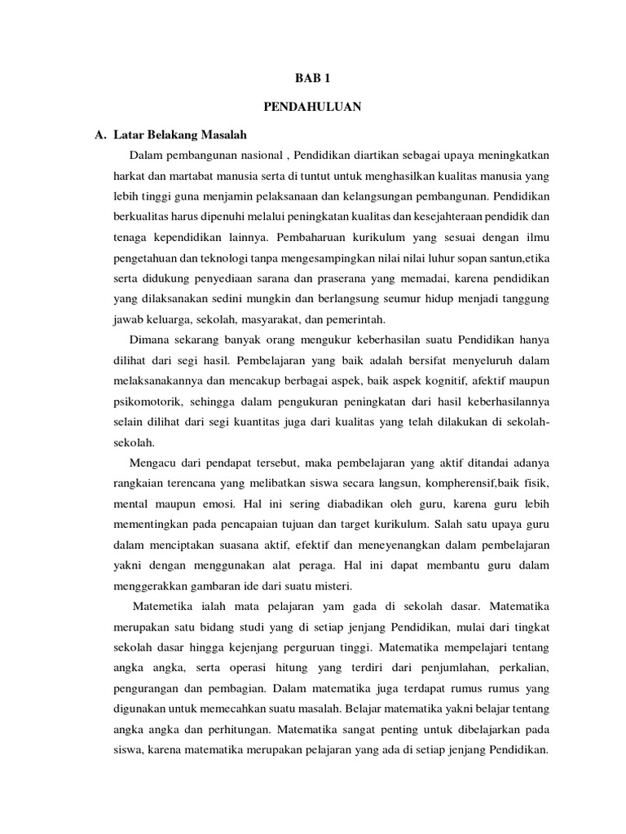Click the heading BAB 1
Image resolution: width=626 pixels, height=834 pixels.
[312, 79]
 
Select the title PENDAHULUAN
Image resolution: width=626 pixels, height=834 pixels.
[312, 107]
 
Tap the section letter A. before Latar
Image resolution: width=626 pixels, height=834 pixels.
[101, 134]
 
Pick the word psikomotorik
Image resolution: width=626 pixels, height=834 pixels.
[147, 402]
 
